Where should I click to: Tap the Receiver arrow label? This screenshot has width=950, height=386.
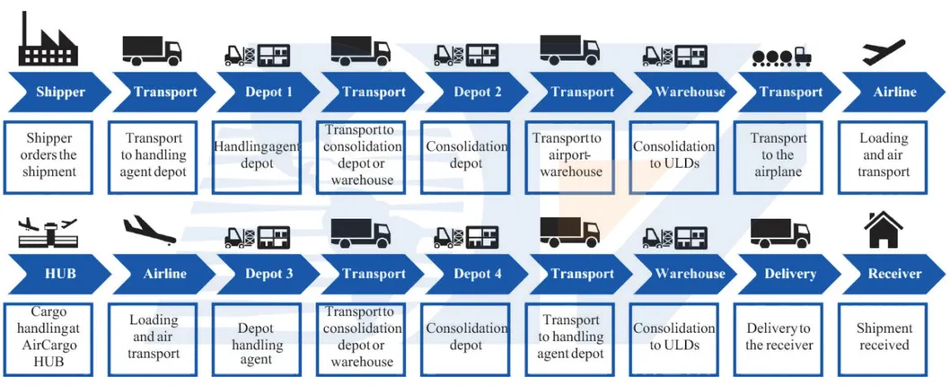click(893, 273)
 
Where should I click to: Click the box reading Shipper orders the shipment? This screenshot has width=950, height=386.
click(50, 155)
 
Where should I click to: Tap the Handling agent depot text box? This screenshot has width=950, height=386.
click(256, 155)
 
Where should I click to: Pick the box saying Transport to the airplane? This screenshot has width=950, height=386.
click(779, 155)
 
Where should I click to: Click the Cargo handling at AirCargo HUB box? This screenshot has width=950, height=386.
click(50, 337)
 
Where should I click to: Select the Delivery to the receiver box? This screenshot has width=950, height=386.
click(779, 337)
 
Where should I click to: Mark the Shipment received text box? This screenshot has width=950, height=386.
click(884, 337)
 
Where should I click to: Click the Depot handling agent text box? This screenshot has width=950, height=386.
click(256, 337)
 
